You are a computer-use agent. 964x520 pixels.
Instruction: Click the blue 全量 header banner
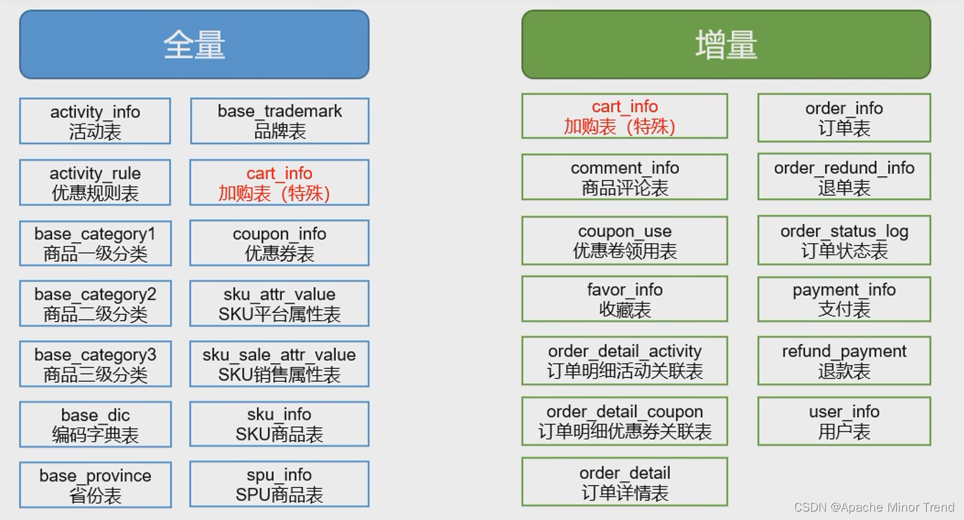tap(194, 44)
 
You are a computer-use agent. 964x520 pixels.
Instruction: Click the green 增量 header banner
tap(726, 44)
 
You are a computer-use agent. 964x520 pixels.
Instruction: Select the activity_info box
tap(95, 121)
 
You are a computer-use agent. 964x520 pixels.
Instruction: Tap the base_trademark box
tap(279, 121)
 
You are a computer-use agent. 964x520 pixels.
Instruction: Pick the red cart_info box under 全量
tap(279, 182)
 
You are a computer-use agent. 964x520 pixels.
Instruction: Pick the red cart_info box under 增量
tap(624, 116)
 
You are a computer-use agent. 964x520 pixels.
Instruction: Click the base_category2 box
tap(95, 304)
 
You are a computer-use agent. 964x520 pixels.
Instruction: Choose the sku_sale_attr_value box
tap(279, 364)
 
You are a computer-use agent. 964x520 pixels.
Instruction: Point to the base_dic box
tap(95, 424)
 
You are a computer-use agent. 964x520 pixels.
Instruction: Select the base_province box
tap(95, 485)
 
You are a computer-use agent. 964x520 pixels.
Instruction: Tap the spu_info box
tap(279, 484)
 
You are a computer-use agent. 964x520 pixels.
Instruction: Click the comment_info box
tap(624, 177)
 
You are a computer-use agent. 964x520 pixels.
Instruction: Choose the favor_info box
tap(624, 299)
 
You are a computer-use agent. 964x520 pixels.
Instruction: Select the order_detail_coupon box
tap(624, 421)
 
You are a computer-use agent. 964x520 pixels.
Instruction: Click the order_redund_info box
tap(844, 177)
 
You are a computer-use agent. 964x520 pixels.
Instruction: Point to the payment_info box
tap(844, 299)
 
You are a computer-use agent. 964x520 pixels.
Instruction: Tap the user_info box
tap(844, 421)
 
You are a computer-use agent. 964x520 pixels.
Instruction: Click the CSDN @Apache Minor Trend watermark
tap(874, 507)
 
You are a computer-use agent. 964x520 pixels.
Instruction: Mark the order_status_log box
tap(844, 240)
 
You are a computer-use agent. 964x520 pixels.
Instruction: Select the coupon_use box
tap(624, 240)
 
